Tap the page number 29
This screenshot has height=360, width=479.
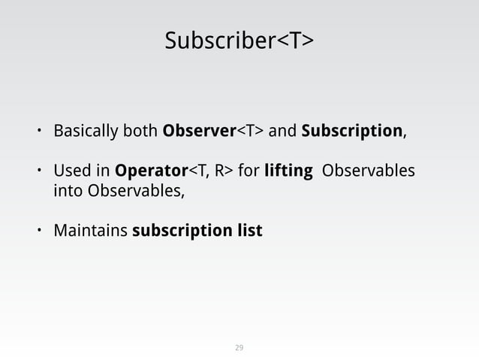pos(239,348)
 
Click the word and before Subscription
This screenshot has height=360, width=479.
pos(282,132)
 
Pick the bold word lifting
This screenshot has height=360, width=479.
pos(288,171)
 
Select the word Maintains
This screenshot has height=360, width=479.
pos(90,229)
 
